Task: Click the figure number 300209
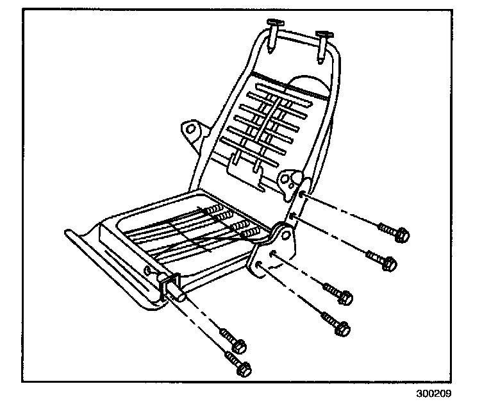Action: click(442, 394)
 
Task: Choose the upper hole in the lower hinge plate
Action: click(272, 253)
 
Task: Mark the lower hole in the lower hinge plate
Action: click(258, 264)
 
